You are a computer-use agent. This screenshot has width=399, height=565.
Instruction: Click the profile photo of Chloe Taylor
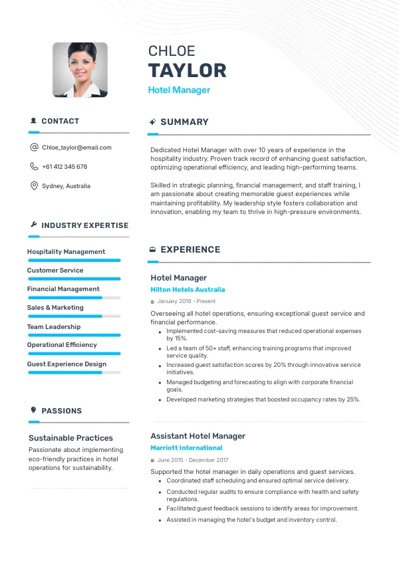click(80, 70)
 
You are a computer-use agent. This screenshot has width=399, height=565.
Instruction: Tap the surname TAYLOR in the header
click(187, 70)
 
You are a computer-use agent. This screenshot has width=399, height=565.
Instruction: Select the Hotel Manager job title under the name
click(179, 90)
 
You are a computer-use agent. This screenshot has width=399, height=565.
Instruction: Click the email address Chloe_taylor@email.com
click(76, 148)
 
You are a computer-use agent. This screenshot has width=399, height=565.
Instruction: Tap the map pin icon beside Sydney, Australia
click(34, 186)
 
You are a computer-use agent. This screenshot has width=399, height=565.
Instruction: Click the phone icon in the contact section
click(34, 167)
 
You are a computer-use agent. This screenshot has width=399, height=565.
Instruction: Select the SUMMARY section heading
click(184, 122)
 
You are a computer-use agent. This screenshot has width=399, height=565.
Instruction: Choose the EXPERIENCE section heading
click(190, 250)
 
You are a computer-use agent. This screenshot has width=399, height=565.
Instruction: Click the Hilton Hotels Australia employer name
click(188, 290)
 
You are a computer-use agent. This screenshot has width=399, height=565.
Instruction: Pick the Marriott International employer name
click(186, 448)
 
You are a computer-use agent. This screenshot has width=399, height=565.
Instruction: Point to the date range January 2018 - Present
click(186, 301)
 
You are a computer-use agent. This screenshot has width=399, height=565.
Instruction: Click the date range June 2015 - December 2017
click(193, 460)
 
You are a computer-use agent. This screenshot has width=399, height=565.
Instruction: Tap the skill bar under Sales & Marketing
click(74, 316)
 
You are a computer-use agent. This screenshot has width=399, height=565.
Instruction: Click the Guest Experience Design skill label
click(66, 364)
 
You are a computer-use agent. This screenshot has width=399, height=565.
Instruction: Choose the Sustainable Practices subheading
click(70, 438)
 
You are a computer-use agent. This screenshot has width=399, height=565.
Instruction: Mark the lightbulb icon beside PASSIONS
click(33, 410)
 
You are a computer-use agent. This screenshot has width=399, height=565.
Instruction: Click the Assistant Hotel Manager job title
click(198, 436)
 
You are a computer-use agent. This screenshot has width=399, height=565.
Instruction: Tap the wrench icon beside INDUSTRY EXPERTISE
click(33, 225)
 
